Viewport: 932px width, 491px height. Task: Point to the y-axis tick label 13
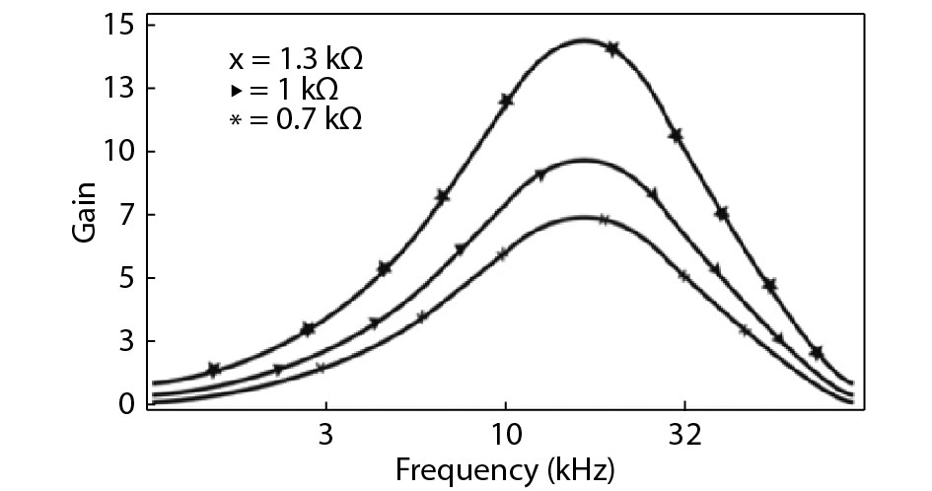tap(119, 88)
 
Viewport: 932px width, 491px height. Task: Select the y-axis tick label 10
tap(119, 151)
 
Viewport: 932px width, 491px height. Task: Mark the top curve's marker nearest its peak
tap(612, 48)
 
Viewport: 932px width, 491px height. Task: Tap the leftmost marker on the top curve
tap(214, 370)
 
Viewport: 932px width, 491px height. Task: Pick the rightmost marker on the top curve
tap(817, 353)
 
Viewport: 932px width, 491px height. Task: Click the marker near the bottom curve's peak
tap(604, 220)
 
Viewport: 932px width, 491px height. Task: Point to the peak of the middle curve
tap(583, 160)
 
